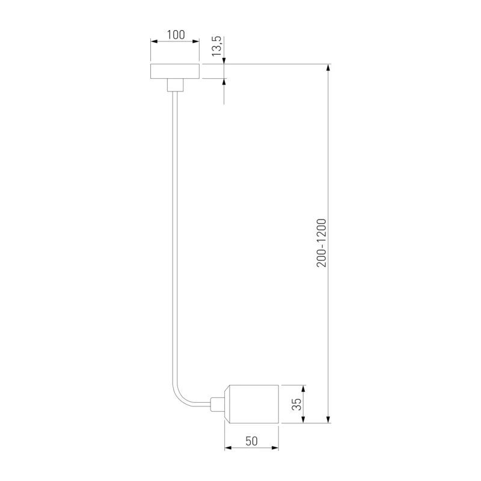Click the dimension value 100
[x=176, y=35]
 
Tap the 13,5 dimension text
[x=216, y=46]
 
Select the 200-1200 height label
[x=322, y=243]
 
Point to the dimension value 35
[x=296, y=404]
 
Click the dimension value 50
[x=251, y=441]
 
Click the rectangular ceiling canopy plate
[x=175, y=72]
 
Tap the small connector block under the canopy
[x=175, y=85]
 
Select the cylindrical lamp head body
[x=251, y=404]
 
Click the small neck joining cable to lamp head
[x=218, y=404]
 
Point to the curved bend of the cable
[x=181, y=397]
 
